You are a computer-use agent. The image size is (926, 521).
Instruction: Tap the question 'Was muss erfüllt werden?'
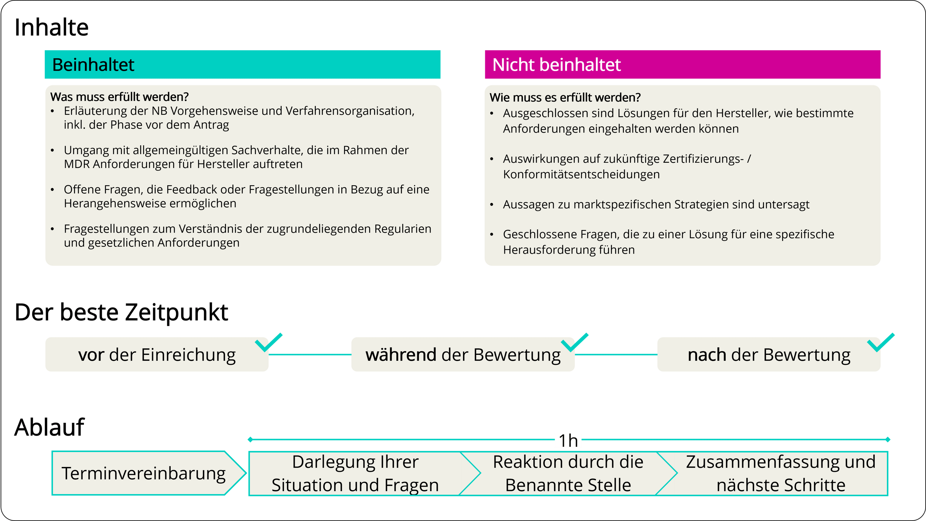point(119,97)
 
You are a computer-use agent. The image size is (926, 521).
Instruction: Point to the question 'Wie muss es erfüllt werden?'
point(565,98)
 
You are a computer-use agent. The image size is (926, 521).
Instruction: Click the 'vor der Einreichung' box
point(157,355)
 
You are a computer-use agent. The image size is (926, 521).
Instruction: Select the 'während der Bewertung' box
point(463,355)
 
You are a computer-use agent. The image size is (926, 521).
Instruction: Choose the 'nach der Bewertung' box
point(769,355)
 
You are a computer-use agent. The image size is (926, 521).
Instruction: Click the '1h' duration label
point(568,440)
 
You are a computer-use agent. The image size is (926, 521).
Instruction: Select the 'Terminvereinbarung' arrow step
point(144,473)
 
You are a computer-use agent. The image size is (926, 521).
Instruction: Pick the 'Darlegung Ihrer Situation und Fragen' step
point(355,473)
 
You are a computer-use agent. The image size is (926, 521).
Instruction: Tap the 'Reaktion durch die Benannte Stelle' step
point(568,473)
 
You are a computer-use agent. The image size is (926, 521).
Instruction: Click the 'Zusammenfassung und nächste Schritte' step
point(781,473)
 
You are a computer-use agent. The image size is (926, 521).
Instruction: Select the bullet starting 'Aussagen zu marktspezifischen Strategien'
point(656,204)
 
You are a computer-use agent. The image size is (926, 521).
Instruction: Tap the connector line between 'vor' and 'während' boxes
point(310,355)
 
